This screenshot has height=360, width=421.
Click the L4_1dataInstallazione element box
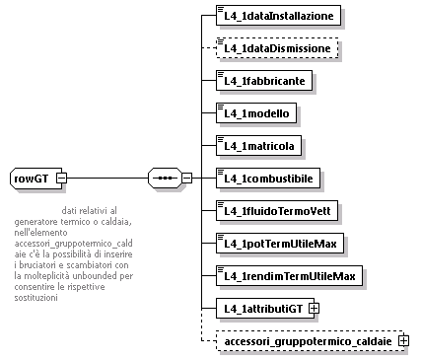(x=279, y=16)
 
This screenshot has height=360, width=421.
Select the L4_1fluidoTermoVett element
(x=278, y=210)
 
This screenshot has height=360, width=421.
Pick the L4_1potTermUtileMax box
(x=280, y=243)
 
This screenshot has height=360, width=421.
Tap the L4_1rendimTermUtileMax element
(x=289, y=275)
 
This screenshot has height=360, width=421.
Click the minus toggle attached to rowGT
(x=61, y=179)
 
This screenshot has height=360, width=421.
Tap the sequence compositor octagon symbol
(x=163, y=179)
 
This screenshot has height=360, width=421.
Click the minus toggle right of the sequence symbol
(x=186, y=179)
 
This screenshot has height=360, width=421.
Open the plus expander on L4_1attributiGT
(x=314, y=309)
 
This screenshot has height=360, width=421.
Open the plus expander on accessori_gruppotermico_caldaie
(x=403, y=341)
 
